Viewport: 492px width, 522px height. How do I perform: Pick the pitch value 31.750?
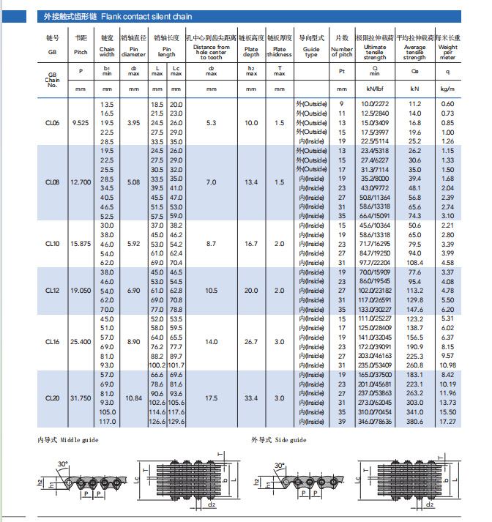point(81,398)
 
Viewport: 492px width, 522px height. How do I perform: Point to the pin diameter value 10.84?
point(133,398)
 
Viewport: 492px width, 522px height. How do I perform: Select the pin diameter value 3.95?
point(133,123)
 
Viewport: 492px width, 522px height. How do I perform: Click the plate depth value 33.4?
point(251,398)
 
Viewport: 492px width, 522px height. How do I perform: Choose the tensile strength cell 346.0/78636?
point(374,421)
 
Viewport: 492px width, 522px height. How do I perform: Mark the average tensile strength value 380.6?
point(415,421)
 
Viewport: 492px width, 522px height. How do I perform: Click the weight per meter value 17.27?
point(447,421)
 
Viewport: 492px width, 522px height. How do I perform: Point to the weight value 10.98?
point(447,365)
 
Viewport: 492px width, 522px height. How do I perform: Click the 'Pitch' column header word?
point(81,53)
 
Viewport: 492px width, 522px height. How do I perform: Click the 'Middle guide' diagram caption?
point(78,440)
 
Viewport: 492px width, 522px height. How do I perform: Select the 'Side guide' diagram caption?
point(288,440)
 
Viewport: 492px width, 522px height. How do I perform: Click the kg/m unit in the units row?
point(447,89)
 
